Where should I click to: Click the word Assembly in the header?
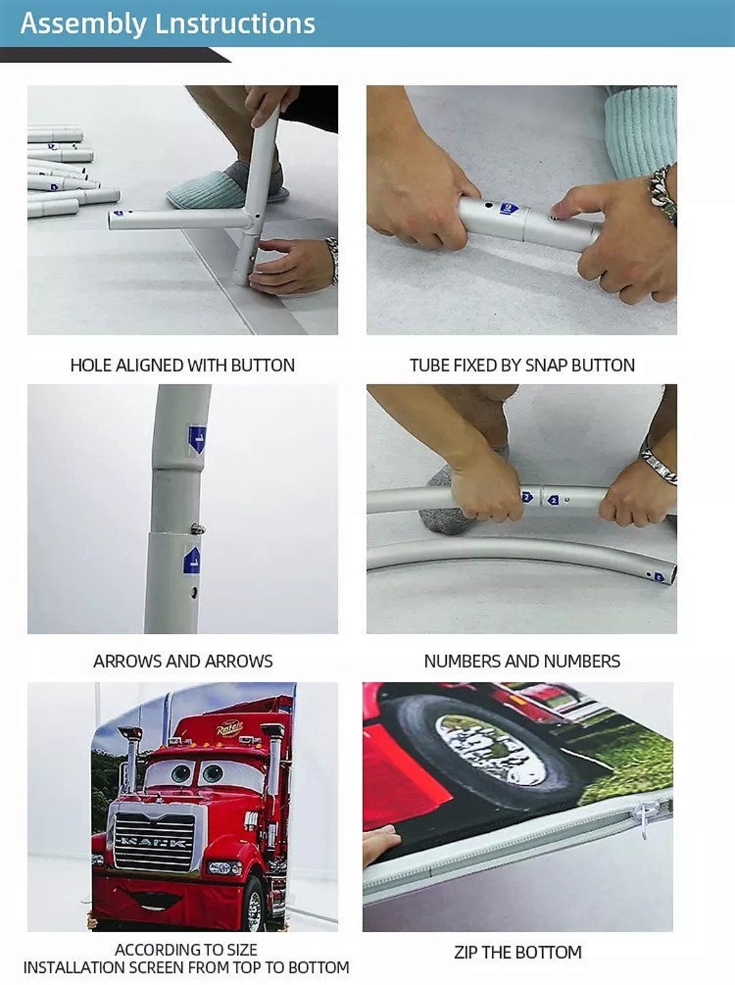pyautogui.click(x=83, y=24)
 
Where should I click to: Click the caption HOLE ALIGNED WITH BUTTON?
pyautogui.click(x=182, y=366)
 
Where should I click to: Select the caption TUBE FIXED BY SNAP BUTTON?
pyautogui.click(x=522, y=366)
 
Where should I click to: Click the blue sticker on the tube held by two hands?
pyautogui.click(x=509, y=208)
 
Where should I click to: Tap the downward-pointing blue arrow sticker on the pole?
pyautogui.click(x=197, y=440)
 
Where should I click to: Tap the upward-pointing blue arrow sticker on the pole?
pyautogui.click(x=191, y=560)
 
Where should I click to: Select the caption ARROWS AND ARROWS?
pyautogui.click(x=182, y=661)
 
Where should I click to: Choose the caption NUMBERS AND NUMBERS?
pyautogui.click(x=522, y=661)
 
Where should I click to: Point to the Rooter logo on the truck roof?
pyautogui.click(x=230, y=728)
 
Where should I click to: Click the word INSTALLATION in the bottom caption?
pyautogui.click(x=75, y=968)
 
